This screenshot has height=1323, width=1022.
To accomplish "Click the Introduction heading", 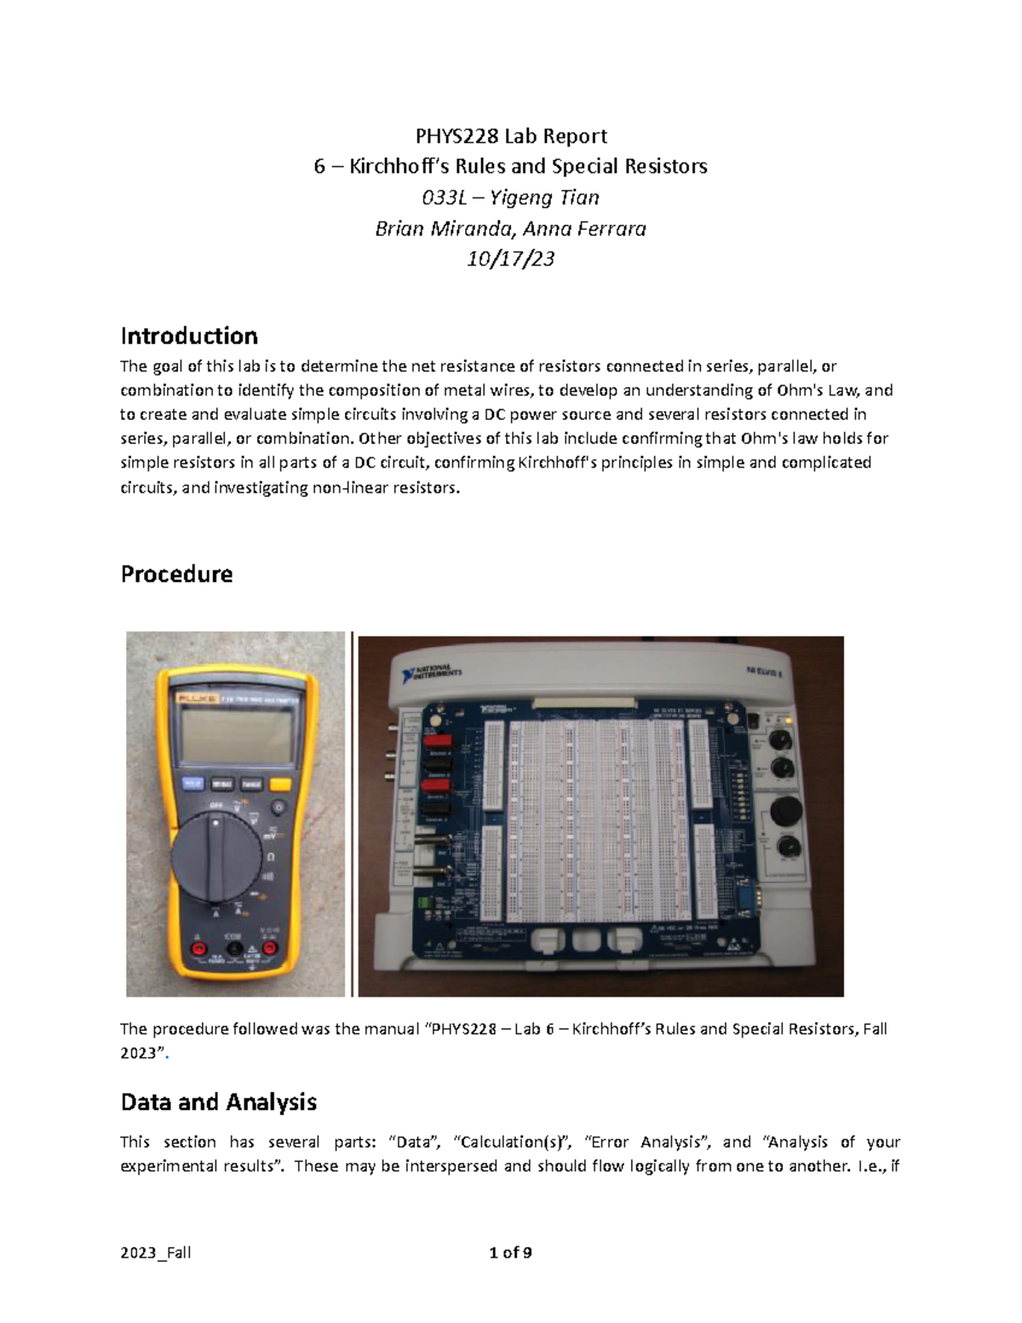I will click(189, 336).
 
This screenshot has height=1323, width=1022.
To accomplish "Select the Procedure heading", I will click(176, 574).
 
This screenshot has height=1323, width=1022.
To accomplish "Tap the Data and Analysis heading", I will click(218, 1102).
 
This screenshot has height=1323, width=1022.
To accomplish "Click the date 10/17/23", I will click(510, 259).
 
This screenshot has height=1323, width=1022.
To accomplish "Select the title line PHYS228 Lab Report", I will click(510, 136).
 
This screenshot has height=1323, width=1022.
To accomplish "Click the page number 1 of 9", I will click(510, 1252).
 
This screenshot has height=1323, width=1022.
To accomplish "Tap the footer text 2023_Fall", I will click(156, 1252).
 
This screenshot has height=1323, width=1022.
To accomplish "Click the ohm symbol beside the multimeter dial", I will click(271, 855).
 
